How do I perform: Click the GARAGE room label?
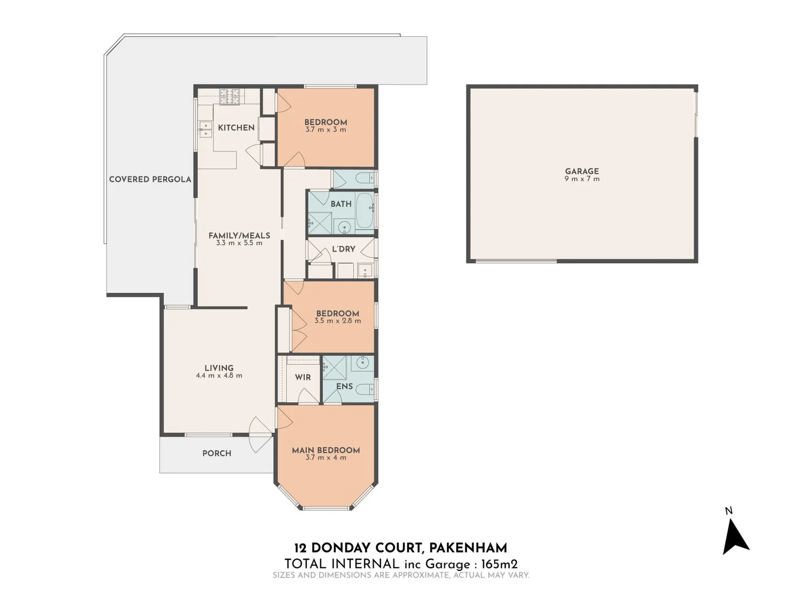(582, 171)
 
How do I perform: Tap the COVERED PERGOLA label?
(150, 179)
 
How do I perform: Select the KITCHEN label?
(236, 127)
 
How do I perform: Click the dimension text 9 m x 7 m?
(582, 179)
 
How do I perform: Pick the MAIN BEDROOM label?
(326, 450)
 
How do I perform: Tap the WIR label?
(303, 377)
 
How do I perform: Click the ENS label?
(344, 386)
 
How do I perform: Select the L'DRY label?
(343, 249)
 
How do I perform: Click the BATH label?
(341, 204)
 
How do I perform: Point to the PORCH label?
(217, 454)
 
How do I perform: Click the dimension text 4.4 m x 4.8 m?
(219, 376)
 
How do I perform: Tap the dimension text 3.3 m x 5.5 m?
(239, 243)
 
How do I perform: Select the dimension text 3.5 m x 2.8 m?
(338, 321)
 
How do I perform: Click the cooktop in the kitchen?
(229, 97)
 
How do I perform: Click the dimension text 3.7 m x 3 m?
(326, 130)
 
